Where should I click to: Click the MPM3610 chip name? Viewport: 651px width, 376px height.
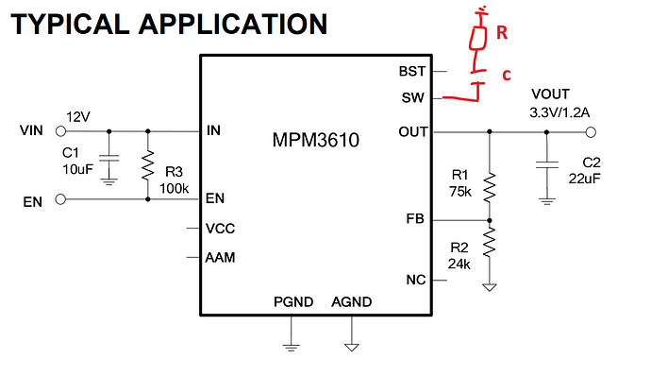(315, 140)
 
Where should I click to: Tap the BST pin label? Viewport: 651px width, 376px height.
(412, 72)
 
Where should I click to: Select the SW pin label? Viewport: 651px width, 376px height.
(412, 97)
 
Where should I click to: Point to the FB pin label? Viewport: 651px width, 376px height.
(415, 218)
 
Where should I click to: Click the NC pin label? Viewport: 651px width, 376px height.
(415, 280)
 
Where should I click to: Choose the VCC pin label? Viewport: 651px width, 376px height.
(220, 229)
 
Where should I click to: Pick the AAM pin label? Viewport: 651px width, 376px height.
(220, 258)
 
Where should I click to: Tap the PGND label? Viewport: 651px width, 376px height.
(293, 302)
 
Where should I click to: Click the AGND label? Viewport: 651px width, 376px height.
(351, 302)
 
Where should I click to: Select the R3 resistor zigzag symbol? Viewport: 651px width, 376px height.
(148, 165)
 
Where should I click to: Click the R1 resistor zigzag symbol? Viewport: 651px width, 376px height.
(490, 188)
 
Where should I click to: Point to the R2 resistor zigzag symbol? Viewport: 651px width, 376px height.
(490, 242)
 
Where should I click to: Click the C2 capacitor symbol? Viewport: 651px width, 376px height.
(547, 164)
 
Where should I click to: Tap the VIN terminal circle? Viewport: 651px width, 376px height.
(60, 131)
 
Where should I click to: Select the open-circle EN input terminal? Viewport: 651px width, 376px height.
(60, 199)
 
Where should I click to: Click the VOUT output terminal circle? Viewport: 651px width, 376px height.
(591, 132)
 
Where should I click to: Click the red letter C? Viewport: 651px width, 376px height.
(506, 76)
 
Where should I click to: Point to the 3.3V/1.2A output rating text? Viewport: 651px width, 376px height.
(559, 112)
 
